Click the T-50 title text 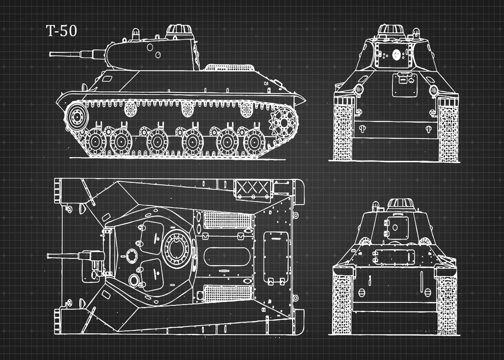[61, 31]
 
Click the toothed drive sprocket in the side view [284, 123]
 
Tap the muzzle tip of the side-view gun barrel [50, 54]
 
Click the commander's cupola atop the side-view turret [179, 32]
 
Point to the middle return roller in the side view [187, 110]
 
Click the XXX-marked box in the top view [253, 188]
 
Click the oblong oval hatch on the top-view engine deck [226, 257]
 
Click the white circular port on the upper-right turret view [396, 55]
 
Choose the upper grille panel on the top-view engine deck [228, 220]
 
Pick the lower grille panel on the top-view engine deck [228, 293]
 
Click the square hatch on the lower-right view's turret [396, 228]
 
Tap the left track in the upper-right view [343, 129]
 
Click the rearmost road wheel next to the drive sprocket [255, 142]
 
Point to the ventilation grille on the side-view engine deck [230, 67]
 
